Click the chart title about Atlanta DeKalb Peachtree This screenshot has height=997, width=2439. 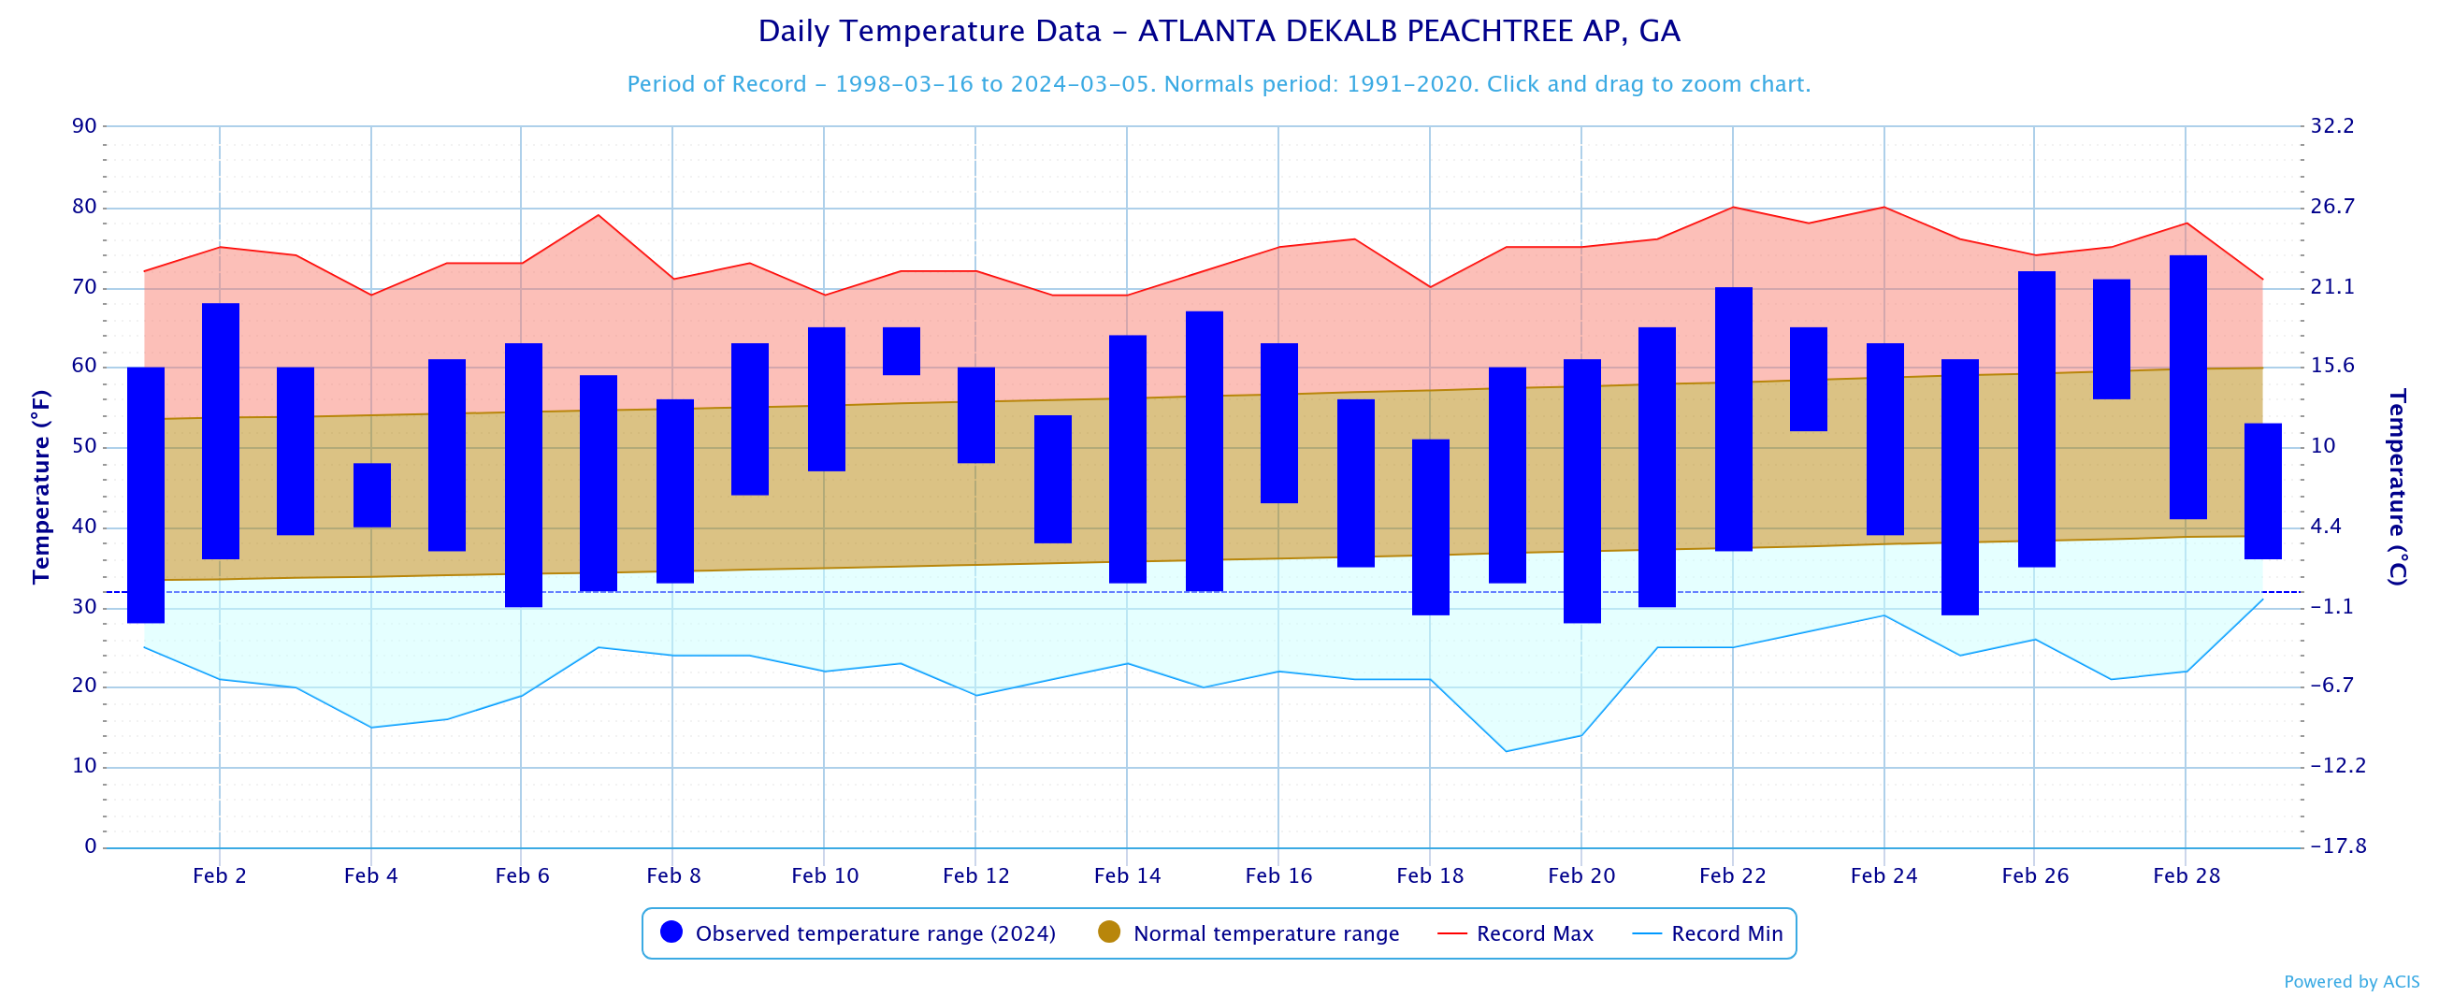coord(1219,31)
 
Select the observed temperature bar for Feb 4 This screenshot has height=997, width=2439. coord(372,495)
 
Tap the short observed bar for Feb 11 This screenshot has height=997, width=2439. coord(902,352)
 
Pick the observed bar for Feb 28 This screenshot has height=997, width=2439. coord(2187,387)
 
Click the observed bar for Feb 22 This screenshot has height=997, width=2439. coord(1734,418)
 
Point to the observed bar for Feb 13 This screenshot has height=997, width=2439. coord(1053,479)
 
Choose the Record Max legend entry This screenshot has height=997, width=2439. coord(1516,933)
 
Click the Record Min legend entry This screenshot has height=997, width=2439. coord(1708,933)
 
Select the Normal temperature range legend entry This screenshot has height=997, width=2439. coord(1248,933)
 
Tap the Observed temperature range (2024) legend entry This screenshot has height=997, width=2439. coord(858,933)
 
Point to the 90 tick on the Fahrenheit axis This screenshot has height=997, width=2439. coord(84,126)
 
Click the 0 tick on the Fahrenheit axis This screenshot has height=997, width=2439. coord(90,846)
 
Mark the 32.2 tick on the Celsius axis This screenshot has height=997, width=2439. coord(2332,126)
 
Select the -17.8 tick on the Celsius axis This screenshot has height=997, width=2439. coord(2338,846)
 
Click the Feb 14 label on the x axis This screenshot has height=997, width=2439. coord(1128,875)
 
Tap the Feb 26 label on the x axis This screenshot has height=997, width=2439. coord(2035,875)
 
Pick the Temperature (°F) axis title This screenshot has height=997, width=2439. coord(41,486)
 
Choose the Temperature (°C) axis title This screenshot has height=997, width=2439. coord(2396,486)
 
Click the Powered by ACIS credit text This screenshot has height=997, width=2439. coord(2351,982)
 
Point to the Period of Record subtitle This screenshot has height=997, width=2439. coord(1219,84)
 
